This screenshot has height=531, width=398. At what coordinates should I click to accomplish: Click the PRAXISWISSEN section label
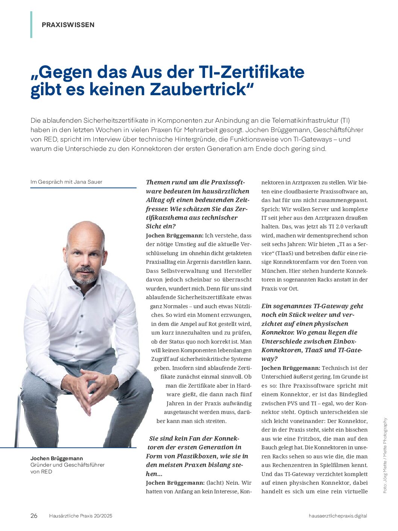tap(68, 25)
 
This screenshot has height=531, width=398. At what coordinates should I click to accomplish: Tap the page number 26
tap(34, 516)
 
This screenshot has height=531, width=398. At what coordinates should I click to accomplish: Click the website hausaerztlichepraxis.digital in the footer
tap(337, 516)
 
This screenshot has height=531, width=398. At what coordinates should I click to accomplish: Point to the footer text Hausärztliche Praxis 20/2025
tap(81, 516)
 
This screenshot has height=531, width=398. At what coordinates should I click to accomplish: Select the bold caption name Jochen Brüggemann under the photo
tap(57, 458)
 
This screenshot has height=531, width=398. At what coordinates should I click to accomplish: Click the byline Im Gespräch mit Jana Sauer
tap(66, 182)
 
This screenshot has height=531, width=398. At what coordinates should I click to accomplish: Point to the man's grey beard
tap(84, 277)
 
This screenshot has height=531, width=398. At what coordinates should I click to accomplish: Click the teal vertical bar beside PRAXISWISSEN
tap(31, 25)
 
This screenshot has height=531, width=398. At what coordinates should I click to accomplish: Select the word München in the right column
tap(273, 271)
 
